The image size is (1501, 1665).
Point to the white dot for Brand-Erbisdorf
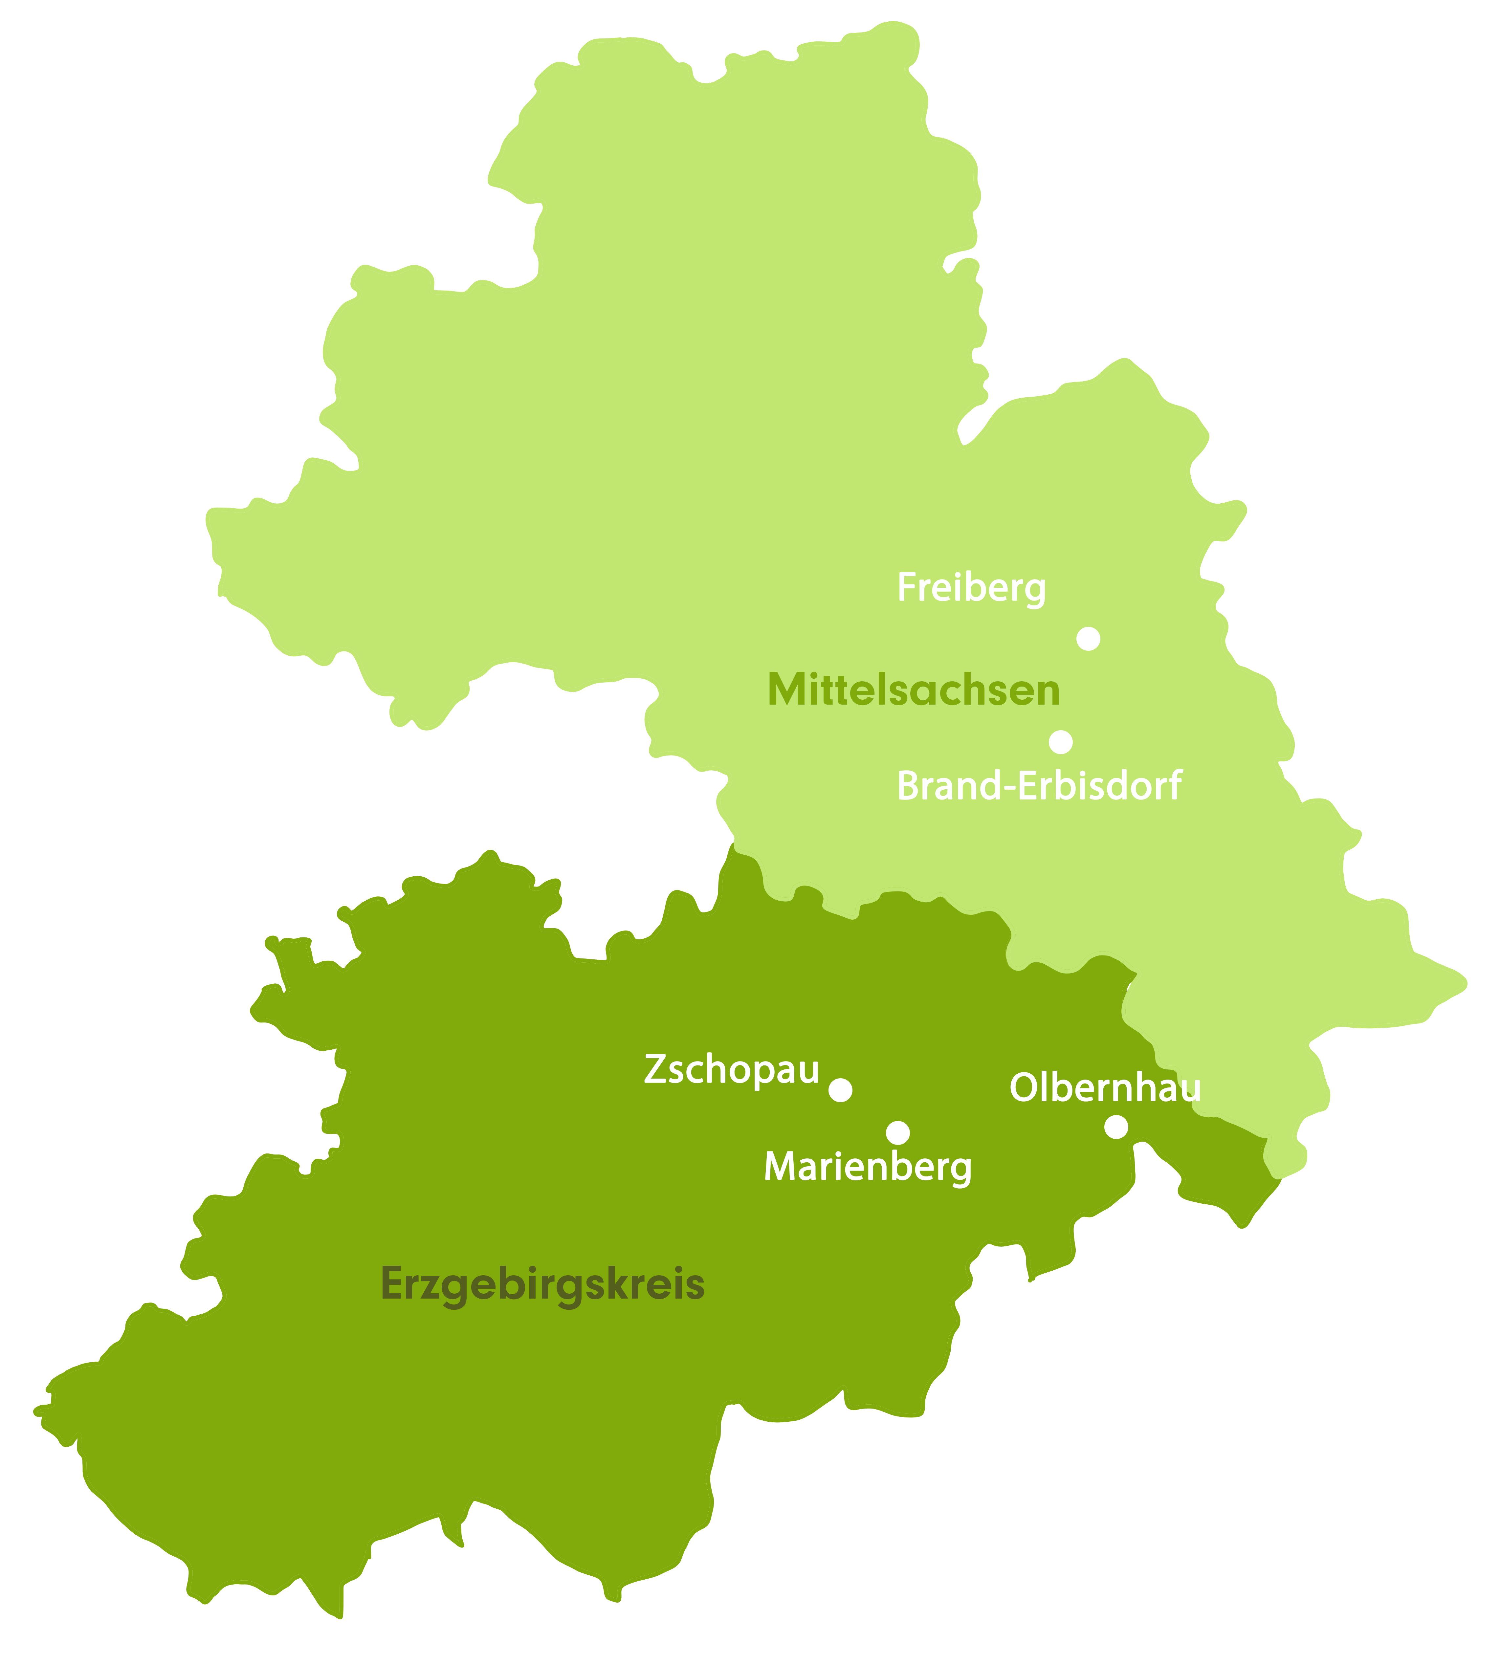coord(1061,742)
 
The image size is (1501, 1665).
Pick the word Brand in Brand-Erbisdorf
coord(947,786)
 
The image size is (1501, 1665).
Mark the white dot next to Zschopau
coord(840,1090)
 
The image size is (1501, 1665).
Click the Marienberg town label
coord(868,1167)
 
